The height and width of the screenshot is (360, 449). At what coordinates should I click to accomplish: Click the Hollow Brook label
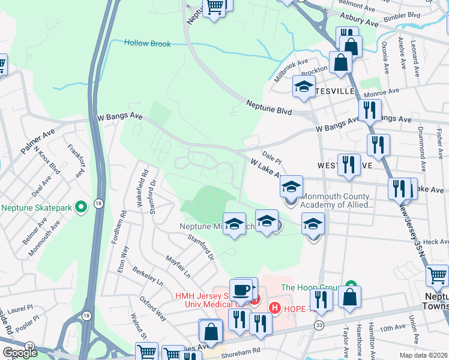coord(148,44)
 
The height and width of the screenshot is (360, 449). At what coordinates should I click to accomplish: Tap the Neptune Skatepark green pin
coord(81,208)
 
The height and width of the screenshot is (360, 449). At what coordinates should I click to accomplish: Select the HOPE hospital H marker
coord(275,308)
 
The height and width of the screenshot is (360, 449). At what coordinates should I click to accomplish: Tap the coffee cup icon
coord(243,290)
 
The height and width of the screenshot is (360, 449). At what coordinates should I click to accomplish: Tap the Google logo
coord(20,353)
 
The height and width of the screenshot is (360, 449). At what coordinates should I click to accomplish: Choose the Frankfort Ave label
coord(76,159)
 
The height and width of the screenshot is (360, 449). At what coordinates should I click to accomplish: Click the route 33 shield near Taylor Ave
coord(318,325)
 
